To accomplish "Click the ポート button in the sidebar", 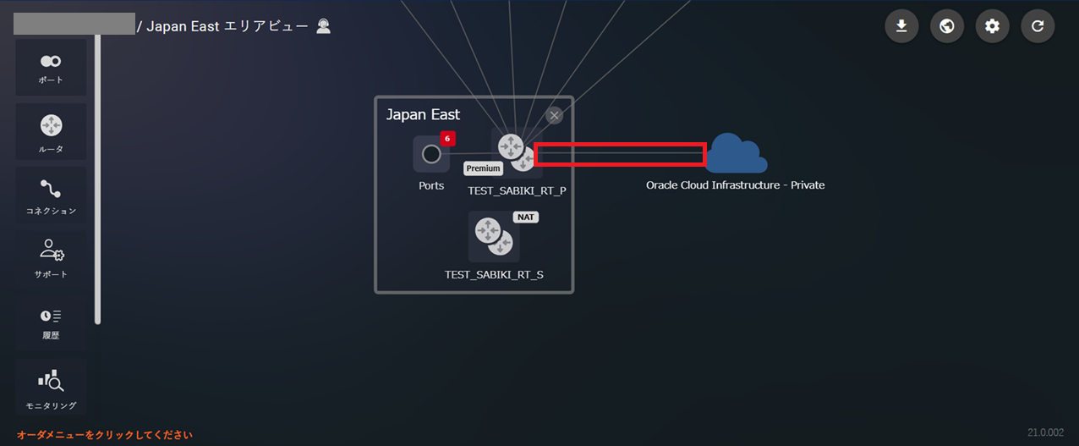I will click(x=51, y=68).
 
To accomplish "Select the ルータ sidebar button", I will click(x=51, y=132).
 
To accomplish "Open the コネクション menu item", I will click(x=51, y=195).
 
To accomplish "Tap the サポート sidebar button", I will click(x=51, y=257).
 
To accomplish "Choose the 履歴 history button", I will click(x=51, y=322).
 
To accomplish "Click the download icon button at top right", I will click(x=901, y=26).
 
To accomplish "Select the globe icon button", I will click(x=947, y=26).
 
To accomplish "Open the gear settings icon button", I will click(x=992, y=26).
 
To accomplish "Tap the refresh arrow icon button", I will click(x=1038, y=26).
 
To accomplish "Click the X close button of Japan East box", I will click(x=554, y=115).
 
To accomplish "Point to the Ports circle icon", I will click(x=431, y=154).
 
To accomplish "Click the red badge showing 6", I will click(x=447, y=139).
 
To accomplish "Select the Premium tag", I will click(x=483, y=168).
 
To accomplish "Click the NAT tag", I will click(x=526, y=217).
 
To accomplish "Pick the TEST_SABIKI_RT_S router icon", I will click(x=494, y=237).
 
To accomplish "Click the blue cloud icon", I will click(x=736, y=153).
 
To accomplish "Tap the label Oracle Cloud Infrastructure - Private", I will click(x=735, y=185).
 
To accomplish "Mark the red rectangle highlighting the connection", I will click(x=620, y=154).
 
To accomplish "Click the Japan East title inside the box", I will click(x=423, y=114).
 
